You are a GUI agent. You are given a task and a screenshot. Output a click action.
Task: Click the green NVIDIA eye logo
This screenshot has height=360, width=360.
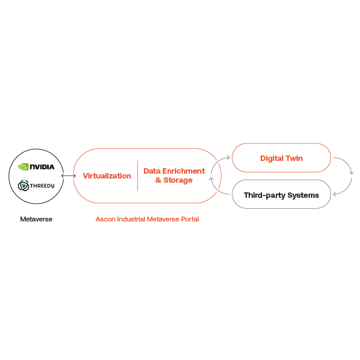coord(23,166)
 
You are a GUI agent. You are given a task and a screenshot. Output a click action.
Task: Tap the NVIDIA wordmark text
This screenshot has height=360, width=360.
coord(42,167)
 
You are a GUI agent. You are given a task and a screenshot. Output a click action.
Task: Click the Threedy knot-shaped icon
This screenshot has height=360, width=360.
coord(24,186)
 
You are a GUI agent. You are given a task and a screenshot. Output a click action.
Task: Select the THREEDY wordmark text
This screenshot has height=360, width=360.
coord(42,186)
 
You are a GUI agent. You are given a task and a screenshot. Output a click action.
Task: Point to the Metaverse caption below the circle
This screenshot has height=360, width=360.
coord(36,219)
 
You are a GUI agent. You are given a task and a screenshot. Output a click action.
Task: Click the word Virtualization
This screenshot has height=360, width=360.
coord(107,176)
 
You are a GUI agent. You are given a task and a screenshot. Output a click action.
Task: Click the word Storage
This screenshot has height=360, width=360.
coord(178,180)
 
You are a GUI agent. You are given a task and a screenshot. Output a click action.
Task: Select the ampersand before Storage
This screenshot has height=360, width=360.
coord(158,180)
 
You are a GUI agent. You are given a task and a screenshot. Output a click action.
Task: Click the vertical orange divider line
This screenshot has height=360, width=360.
coord(137,176)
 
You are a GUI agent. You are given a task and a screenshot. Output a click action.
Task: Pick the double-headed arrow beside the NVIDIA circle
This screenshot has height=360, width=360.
coord(68,176)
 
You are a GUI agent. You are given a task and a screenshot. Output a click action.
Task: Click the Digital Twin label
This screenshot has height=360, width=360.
coord(281,158)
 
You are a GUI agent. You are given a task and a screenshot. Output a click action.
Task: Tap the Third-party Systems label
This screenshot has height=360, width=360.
coord(281,195)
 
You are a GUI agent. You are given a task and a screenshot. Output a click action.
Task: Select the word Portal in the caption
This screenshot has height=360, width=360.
coord(190,219)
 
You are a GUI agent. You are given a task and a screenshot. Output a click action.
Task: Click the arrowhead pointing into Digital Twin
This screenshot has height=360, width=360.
coord(228,157)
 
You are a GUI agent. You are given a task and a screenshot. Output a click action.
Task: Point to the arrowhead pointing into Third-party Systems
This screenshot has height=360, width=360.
coord(335,194)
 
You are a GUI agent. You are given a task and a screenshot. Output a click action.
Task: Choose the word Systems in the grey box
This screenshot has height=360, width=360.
coord(303,195)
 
